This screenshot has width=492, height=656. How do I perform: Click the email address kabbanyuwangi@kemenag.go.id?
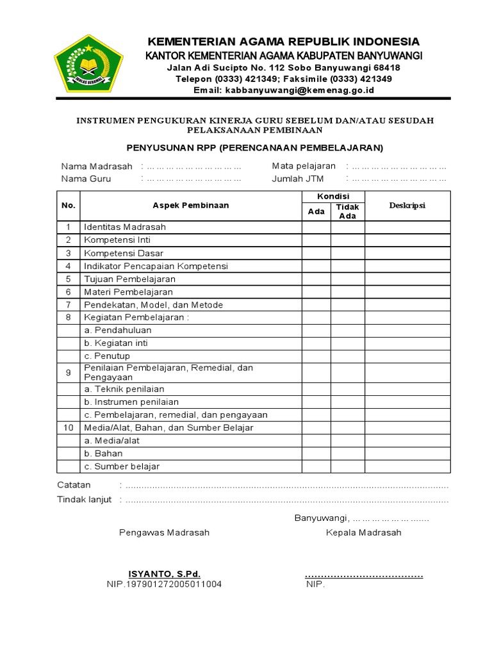(299, 90)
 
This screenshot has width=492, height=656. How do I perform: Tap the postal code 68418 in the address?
(387, 67)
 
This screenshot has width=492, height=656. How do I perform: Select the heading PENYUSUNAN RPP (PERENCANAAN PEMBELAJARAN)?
(254, 148)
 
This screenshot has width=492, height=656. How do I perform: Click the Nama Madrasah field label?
(97, 167)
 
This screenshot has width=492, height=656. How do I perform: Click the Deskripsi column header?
(407, 206)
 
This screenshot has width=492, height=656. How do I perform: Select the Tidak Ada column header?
(347, 211)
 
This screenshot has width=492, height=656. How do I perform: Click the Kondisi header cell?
(333, 196)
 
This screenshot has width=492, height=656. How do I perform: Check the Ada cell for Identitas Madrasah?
(316, 227)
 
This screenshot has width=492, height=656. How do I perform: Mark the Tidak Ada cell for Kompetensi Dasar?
(347, 253)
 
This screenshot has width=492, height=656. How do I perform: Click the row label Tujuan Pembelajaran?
(129, 279)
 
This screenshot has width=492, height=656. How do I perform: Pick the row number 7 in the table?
(69, 305)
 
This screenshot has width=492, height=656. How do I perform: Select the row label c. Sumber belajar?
(122, 466)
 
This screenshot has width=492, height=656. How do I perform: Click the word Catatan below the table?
(74, 485)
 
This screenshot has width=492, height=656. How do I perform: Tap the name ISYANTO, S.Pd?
(164, 574)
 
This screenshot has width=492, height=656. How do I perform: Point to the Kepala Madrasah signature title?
(363, 532)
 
